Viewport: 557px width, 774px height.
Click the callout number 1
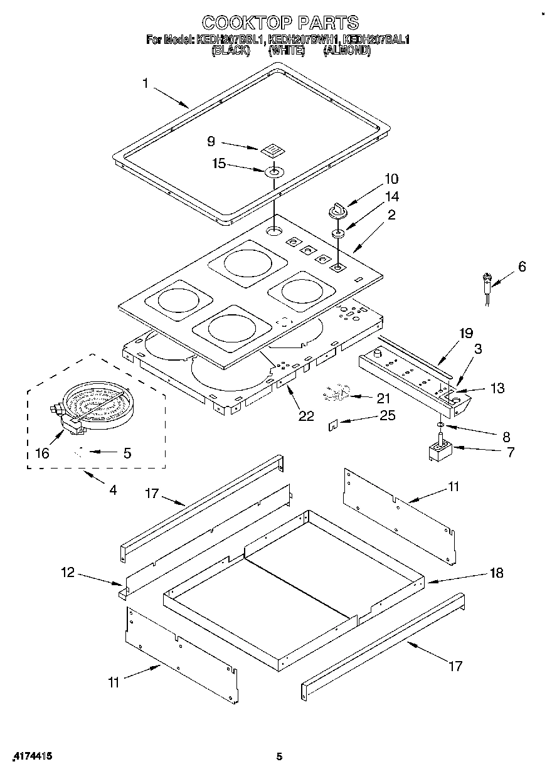[x=146, y=83]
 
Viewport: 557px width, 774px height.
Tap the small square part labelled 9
[x=270, y=149]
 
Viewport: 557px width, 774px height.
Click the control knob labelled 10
[x=337, y=209]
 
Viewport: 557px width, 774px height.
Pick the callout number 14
[x=391, y=196]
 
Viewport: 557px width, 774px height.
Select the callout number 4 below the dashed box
[x=113, y=490]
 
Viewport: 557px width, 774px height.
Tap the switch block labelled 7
[x=440, y=452]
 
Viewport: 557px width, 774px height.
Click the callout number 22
[x=306, y=415]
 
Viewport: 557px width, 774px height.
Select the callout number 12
[x=68, y=572]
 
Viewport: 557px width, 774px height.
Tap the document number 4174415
[x=30, y=756]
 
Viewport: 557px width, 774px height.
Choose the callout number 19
[x=465, y=333]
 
